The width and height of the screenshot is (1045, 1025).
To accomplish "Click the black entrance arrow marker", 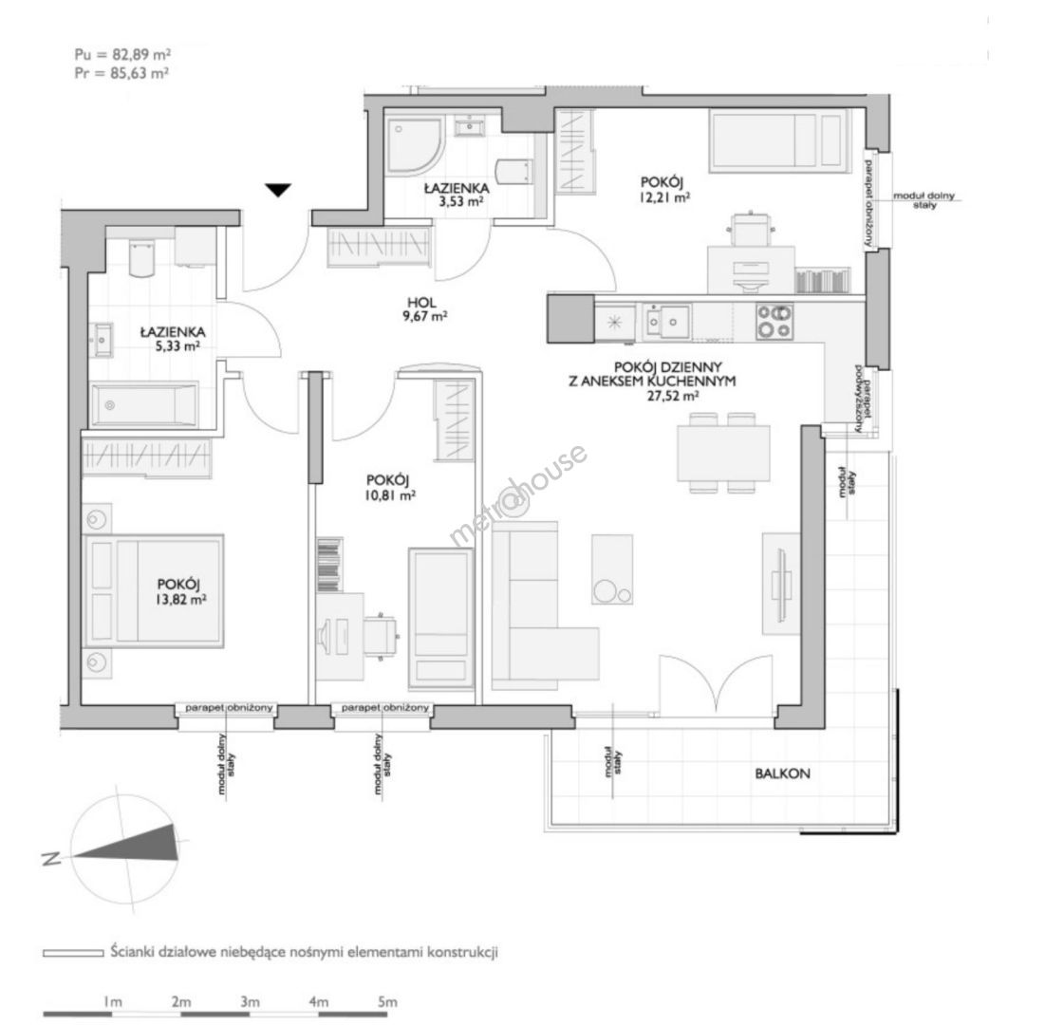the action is click(278, 190).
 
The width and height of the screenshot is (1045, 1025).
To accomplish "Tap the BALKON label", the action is click(782, 773).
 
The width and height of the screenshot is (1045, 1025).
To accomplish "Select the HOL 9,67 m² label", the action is click(424, 309).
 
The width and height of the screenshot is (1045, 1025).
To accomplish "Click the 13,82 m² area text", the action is click(180, 599).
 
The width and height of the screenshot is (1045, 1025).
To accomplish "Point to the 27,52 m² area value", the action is click(673, 396).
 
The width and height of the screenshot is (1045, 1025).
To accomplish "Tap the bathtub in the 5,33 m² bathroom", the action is click(143, 404).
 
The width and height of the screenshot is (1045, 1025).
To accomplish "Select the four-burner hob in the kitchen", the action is click(774, 321).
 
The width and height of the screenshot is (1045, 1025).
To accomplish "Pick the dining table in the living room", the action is click(723, 454).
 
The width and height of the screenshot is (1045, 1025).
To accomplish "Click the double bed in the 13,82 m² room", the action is click(153, 590).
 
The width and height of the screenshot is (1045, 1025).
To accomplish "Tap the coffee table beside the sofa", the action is click(612, 569).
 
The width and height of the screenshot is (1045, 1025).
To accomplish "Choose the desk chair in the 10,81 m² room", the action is click(381, 635).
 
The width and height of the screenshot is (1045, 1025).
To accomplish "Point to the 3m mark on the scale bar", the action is click(250, 1001).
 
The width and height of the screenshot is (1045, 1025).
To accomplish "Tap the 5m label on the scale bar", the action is click(387, 1001).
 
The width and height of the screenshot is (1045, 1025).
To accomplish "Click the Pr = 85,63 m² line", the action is click(121, 73).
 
